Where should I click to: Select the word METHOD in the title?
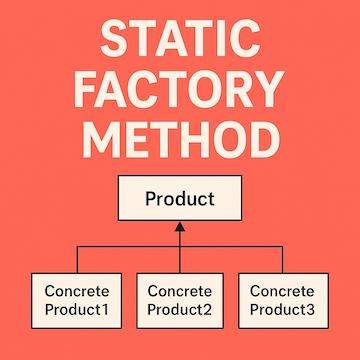pos(180,140)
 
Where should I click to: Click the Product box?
pos(179,199)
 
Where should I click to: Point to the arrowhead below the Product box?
pos(179,228)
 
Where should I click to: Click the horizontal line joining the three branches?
pos(130,245)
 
